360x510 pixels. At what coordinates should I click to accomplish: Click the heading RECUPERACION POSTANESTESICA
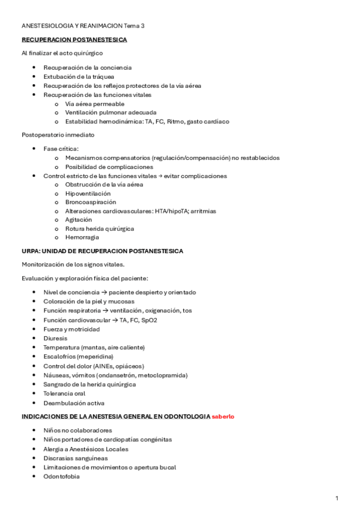tap(74, 40)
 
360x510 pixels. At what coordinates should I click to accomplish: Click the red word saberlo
tap(222, 416)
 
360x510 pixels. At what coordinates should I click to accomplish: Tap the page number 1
tap(337, 498)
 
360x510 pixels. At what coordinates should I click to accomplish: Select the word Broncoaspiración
tap(91, 203)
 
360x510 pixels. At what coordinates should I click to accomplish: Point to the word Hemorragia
tap(82, 238)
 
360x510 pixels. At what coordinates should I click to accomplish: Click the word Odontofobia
tap(61, 476)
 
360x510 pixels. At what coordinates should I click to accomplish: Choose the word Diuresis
tap(55, 338)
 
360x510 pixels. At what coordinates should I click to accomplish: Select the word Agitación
tap(79, 220)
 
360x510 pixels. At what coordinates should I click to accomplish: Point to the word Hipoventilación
tap(88, 194)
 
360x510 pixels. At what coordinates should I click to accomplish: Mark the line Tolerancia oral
tap(64, 393)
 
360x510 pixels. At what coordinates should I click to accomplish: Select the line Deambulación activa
tap(73, 403)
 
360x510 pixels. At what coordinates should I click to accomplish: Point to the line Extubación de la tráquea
tap(79, 76)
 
